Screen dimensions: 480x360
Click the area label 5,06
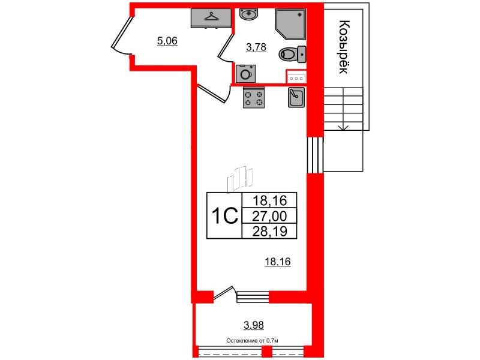point(167,41)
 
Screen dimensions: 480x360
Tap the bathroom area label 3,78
point(256,47)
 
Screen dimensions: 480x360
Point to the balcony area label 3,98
point(254,325)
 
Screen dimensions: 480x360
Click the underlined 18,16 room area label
point(277,262)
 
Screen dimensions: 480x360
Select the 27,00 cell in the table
point(269,216)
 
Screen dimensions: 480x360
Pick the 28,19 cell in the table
point(269,231)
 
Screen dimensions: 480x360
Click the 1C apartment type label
point(224,215)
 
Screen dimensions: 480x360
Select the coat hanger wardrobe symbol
point(211,18)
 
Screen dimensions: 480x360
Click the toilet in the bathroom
point(292,55)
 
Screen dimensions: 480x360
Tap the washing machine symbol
point(245,73)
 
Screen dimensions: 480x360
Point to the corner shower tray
point(290,24)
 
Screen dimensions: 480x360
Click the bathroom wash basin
point(249,14)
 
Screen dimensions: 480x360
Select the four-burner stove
point(254,98)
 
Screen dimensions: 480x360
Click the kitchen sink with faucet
point(296,97)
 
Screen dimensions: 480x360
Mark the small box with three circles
point(296,79)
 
